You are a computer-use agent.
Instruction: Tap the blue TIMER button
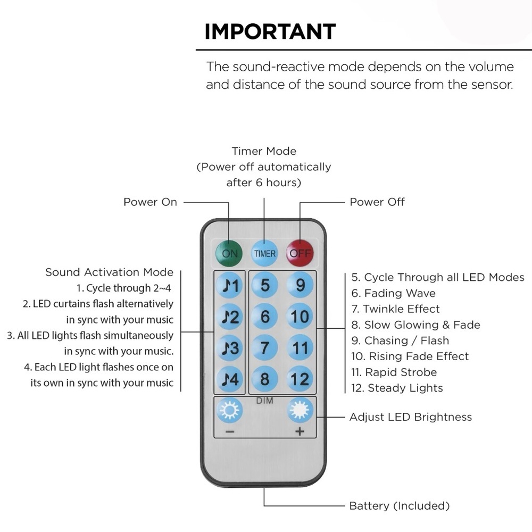pyautogui.click(x=264, y=253)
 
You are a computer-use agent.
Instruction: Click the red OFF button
pyautogui.click(x=300, y=253)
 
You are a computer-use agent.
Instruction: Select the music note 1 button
pyautogui.click(x=230, y=285)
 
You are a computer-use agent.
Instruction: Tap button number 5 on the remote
pyautogui.click(x=264, y=285)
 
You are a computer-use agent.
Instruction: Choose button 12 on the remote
pyautogui.click(x=300, y=379)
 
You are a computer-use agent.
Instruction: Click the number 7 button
pyautogui.click(x=264, y=348)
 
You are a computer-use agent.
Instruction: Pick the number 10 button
pyautogui.click(x=300, y=317)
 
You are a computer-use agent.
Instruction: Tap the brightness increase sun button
pyautogui.click(x=300, y=410)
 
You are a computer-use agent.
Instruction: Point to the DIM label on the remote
pyautogui.click(x=264, y=401)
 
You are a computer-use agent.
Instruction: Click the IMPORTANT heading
pyautogui.click(x=270, y=31)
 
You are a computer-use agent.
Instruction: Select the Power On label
pyautogui.click(x=150, y=202)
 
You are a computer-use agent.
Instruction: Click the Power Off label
pyautogui.click(x=377, y=202)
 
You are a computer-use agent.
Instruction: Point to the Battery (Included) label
pyautogui.click(x=400, y=506)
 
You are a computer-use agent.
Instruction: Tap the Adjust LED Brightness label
pyautogui.click(x=411, y=417)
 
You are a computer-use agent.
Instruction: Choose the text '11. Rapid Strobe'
pyautogui.click(x=394, y=372)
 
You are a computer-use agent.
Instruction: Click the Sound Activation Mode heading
pyautogui.click(x=109, y=272)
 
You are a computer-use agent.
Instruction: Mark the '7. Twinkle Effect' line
pyautogui.click(x=395, y=309)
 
